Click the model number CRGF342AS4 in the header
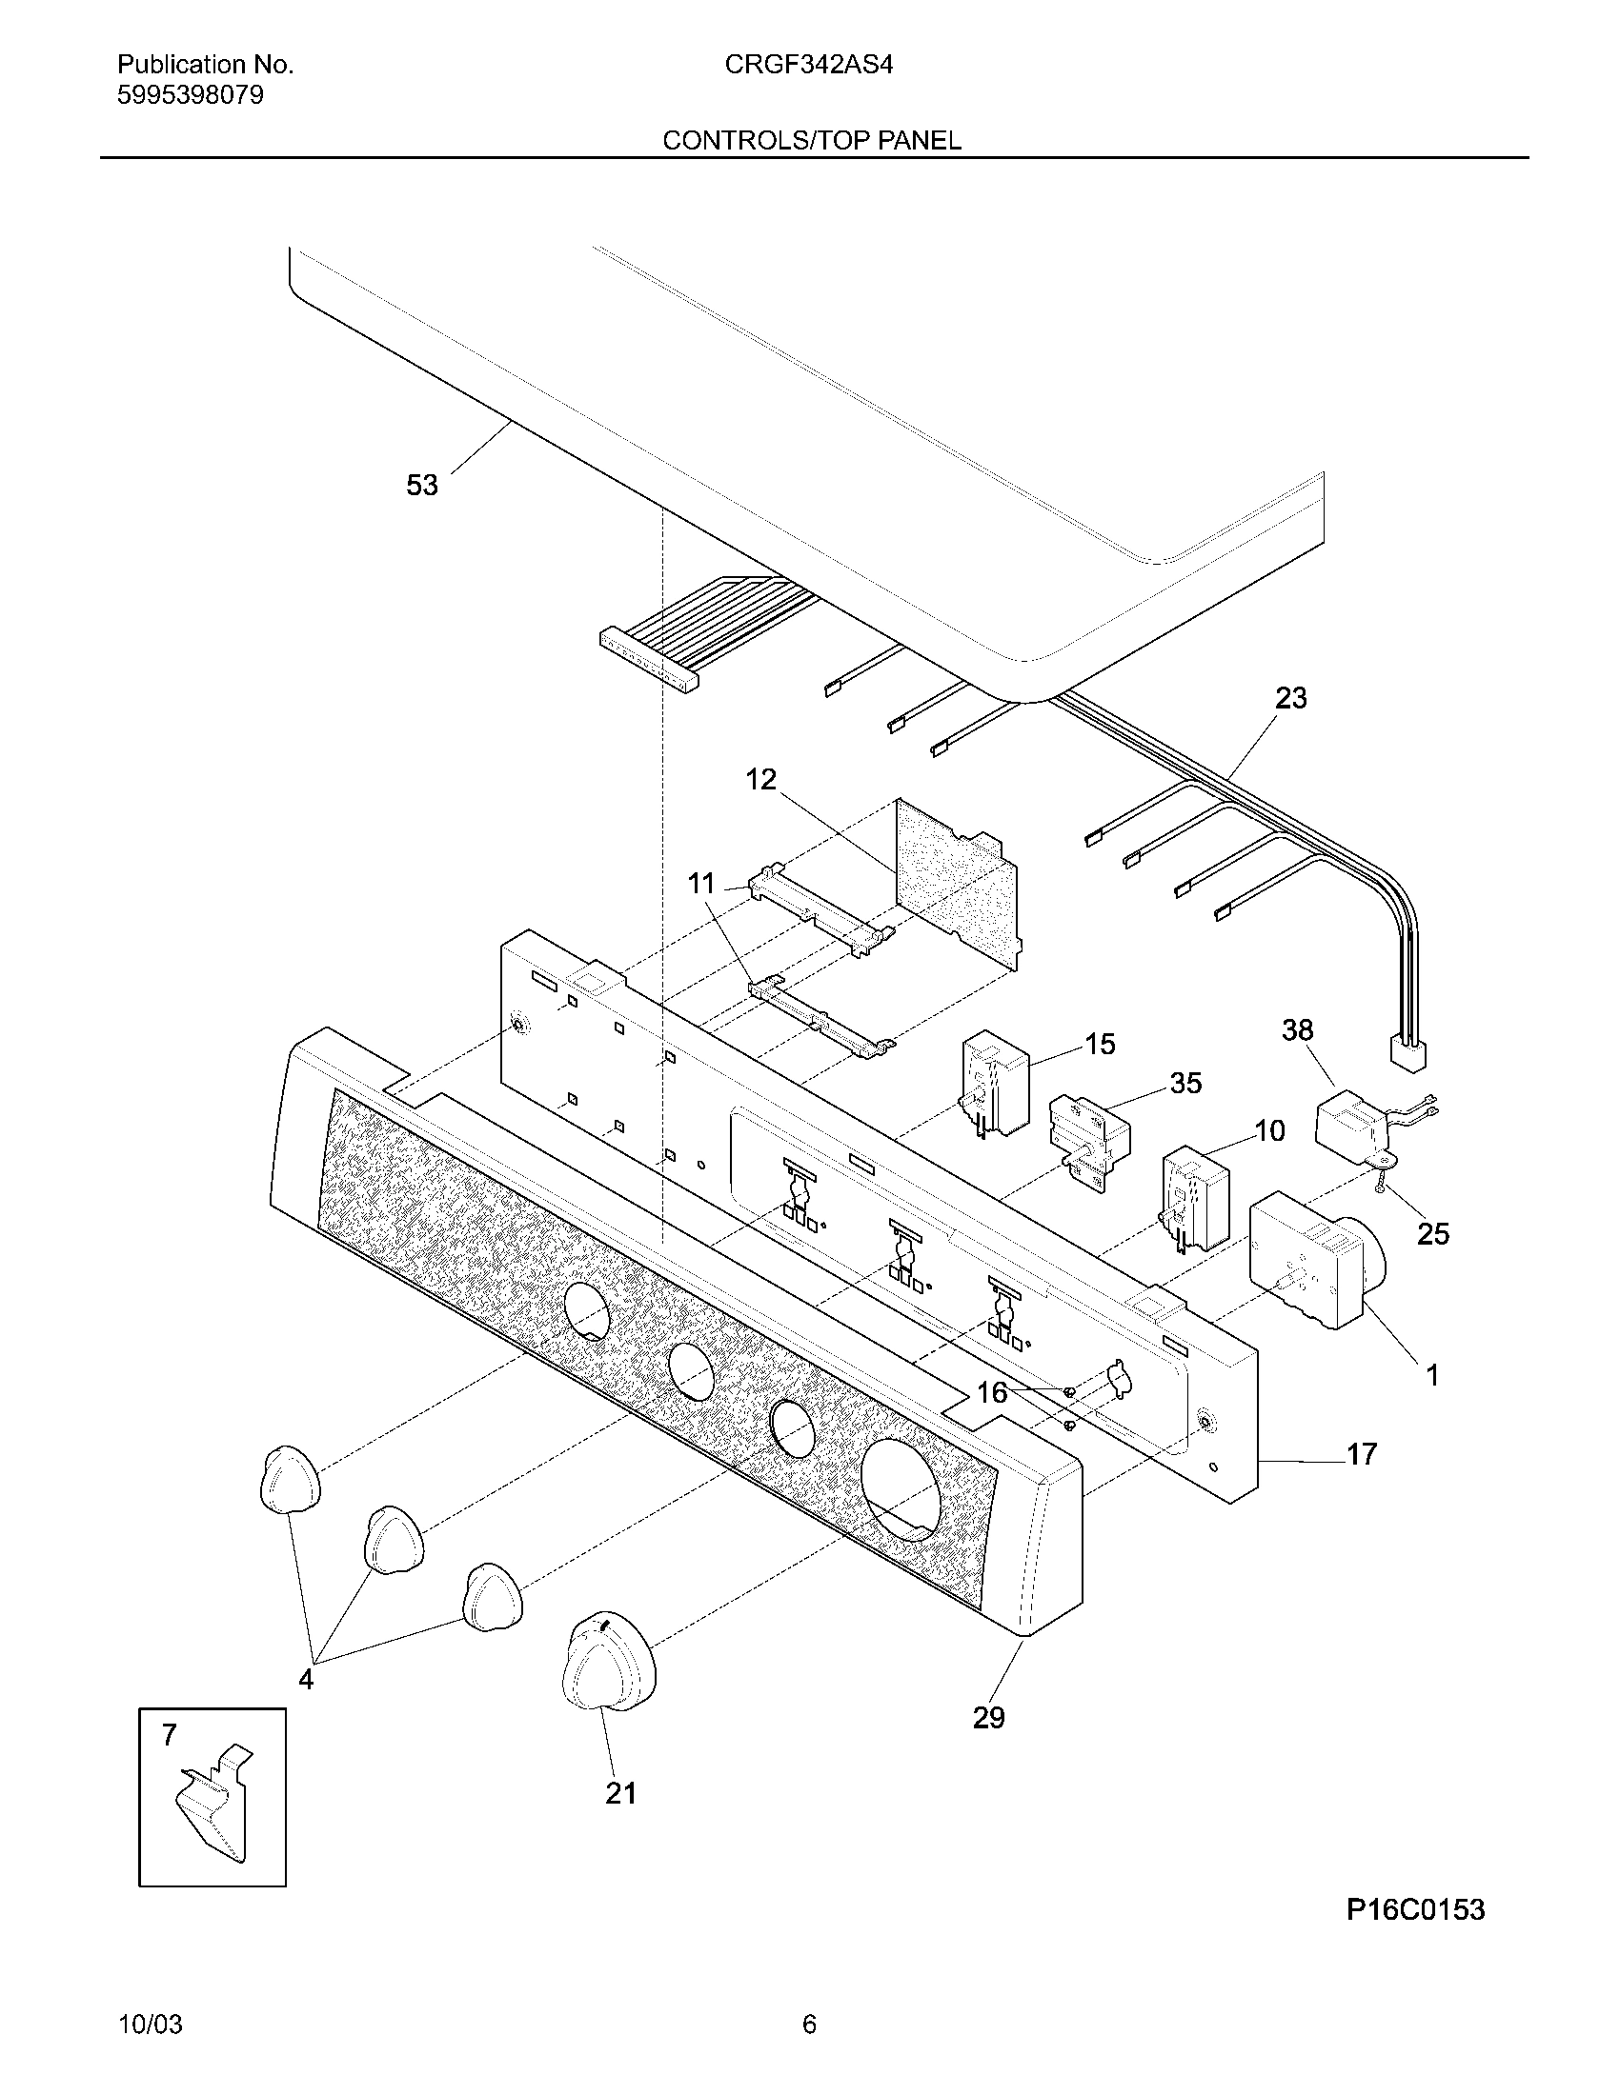click(808, 65)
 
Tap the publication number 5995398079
click(190, 96)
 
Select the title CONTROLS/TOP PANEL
click(811, 141)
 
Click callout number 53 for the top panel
click(421, 486)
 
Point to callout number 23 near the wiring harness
click(1290, 698)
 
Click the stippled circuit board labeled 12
click(956, 883)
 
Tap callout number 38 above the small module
click(1297, 1030)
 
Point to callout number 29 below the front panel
click(988, 1718)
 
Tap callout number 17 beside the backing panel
click(1361, 1454)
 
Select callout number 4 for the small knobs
click(305, 1680)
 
